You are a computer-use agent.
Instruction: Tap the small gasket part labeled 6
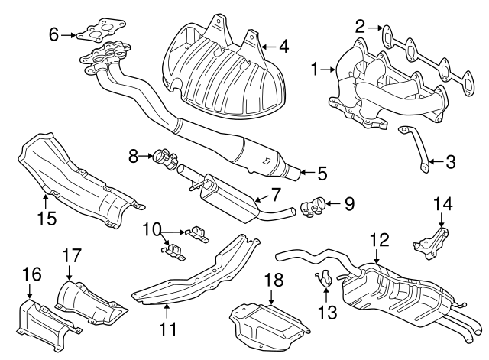point(95,34)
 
